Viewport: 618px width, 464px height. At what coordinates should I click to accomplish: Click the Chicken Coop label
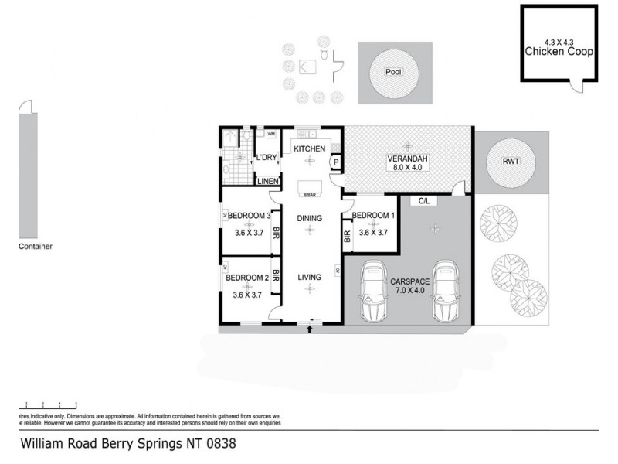(x=559, y=52)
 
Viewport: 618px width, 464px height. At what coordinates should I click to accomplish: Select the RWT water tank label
(x=511, y=162)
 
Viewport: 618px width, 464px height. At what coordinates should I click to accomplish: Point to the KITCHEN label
(x=309, y=148)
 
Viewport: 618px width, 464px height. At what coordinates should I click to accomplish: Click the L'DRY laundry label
(x=267, y=158)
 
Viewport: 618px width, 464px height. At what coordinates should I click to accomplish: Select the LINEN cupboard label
(x=267, y=181)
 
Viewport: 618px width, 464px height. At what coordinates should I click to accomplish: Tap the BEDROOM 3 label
(x=248, y=216)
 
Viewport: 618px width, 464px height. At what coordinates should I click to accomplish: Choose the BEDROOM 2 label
(x=247, y=278)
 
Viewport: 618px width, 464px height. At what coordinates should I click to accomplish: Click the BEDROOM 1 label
(x=374, y=216)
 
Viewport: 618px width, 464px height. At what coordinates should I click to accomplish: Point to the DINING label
(x=310, y=219)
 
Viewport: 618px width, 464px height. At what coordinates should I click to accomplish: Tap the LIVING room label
(x=310, y=277)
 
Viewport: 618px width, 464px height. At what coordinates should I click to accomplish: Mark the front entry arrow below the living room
(x=310, y=329)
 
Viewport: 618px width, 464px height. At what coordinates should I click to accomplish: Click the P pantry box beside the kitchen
(x=336, y=162)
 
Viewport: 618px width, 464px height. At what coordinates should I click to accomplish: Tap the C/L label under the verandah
(x=424, y=201)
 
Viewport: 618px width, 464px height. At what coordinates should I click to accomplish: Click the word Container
(x=36, y=247)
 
